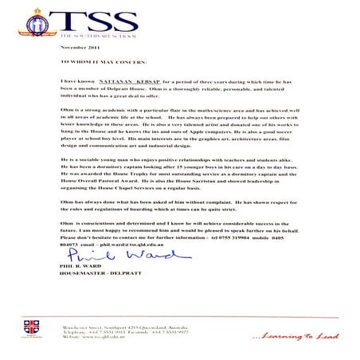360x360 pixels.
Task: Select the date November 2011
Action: (76, 49)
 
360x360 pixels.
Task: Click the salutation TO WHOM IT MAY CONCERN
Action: (104, 61)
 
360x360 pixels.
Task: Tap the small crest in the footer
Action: (32, 327)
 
